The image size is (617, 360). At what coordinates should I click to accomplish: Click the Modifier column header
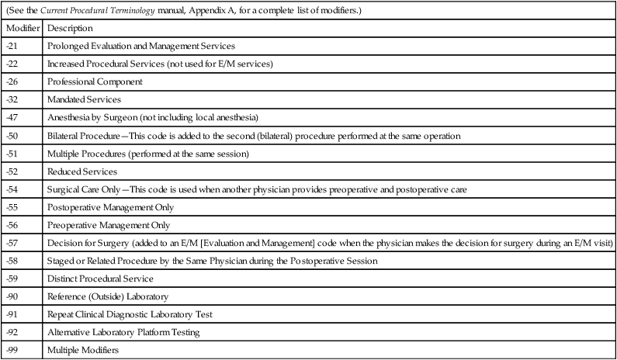click(x=21, y=28)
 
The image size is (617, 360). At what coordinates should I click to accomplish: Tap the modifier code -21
click(x=11, y=46)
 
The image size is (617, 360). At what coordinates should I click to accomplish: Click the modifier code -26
click(x=11, y=81)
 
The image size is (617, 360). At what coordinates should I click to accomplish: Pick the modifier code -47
click(x=11, y=117)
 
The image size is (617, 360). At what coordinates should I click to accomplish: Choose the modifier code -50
click(x=11, y=135)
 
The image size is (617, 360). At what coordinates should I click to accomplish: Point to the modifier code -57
click(x=11, y=243)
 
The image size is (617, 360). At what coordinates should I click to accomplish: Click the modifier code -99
click(x=11, y=351)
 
